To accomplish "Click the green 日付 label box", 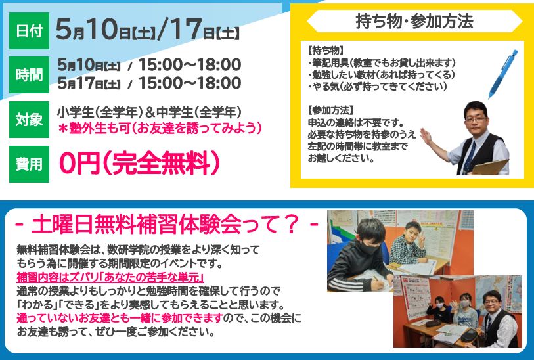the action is [x=29, y=31].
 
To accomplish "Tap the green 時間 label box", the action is [x=29, y=75].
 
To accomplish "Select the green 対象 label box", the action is [x=29, y=119].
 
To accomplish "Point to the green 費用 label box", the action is [x=29, y=164].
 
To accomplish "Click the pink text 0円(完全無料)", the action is [x=140, y=164].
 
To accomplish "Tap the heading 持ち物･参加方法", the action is [x=414, y=21].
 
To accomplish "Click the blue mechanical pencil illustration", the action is [x=502, y=74].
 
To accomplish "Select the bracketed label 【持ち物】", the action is [x=325, y=51].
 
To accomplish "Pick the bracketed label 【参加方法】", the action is [x=330, y=110].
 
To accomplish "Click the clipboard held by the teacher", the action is [x=491, y=167].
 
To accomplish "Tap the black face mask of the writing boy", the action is [x=369, y=248].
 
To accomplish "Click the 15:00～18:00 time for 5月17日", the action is [x=190, y=83].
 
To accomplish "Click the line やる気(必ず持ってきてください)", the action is [x=377, y=87].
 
